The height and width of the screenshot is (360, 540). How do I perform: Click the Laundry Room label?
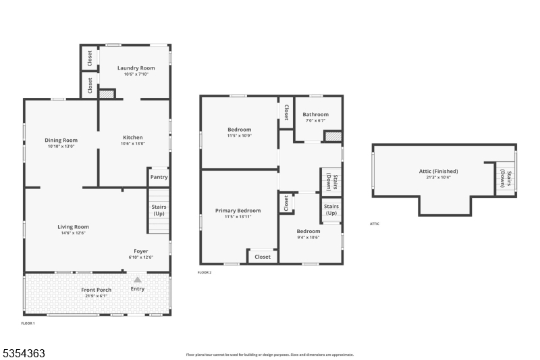coord(136,68)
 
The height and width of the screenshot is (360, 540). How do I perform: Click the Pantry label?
coord(159,178)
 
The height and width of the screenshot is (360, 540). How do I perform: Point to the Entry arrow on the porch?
coord(138,278)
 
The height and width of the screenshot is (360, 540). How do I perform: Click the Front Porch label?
coord(96,290)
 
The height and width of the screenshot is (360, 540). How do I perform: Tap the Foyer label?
coord(141,251)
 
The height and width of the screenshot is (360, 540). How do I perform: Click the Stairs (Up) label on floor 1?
coord(159,210)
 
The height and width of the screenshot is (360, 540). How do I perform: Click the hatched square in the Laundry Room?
coord(107,95)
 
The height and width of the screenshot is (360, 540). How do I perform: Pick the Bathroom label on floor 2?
coord(315,114)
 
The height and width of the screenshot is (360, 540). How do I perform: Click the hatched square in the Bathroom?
coord(332,136)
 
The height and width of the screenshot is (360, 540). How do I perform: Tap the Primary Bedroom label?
coord(238,211)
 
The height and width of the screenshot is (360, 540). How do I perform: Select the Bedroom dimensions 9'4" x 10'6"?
coord(308,237)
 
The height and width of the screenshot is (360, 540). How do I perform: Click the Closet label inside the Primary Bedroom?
coord(263,257)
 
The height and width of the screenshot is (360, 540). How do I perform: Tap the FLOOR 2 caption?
coord(205,273)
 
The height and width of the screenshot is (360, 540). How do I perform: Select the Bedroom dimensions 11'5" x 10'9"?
coord(239,136)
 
